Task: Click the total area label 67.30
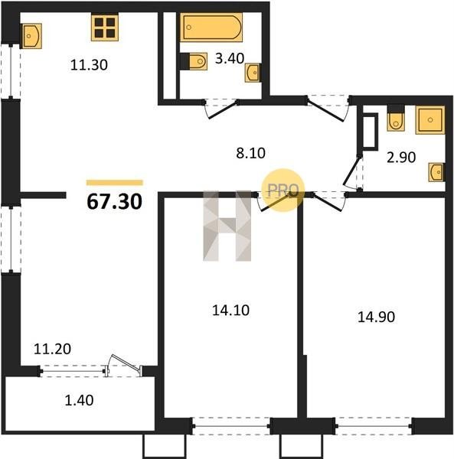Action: click(115, 202)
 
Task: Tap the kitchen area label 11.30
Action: click(89, 65)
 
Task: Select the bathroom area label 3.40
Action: click(230, 58)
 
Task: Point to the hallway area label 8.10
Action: click(250, 153)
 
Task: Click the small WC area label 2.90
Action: click(401, 158)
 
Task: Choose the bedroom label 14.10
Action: click(230, 311)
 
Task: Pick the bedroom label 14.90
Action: click(376, 317)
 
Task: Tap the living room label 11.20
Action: click(52, 349)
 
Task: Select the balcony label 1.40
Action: click(79, 400)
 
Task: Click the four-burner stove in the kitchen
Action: click(105, 28)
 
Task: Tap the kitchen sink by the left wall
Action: click(31, 36)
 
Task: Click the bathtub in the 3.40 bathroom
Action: click(211, 28)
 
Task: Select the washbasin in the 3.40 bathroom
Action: click(253, 73)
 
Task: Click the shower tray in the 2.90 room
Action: click(430, 120)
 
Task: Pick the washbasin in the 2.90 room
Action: click(436, 172)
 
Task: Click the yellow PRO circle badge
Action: click(283, 190)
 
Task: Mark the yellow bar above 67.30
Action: click(115, 183)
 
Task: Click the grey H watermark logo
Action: click(227, 226)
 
